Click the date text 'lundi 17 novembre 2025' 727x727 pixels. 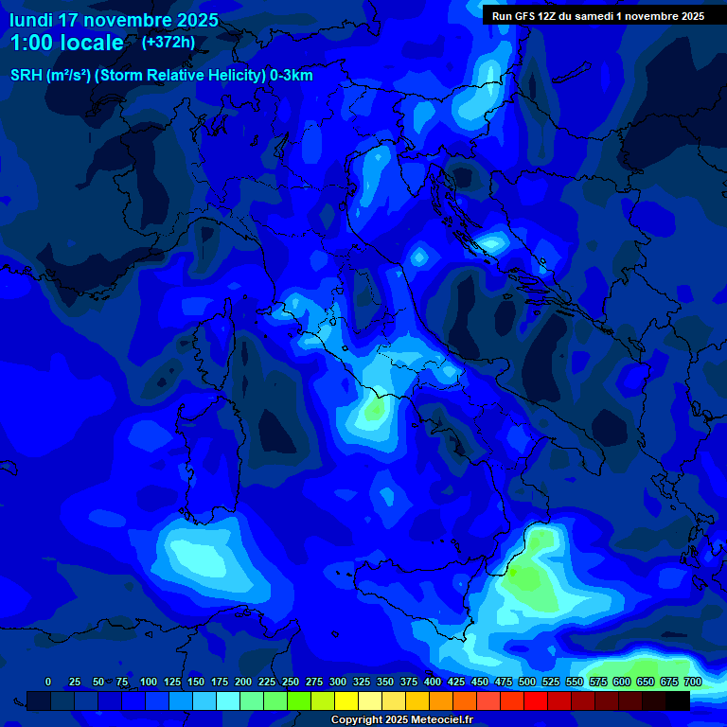click(x=114, y=20)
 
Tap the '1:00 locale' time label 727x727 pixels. click(x=66, y=43)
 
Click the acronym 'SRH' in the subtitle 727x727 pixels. click(x=27, y=76)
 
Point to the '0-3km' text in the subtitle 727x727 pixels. click(x=292, y=76)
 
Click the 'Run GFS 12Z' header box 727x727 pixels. click(x=597, y=15)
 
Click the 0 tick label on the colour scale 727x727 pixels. click(x=48, y=682)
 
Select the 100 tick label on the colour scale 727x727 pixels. click(x=149, y=682)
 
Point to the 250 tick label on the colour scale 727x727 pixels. click(x=291, y=682)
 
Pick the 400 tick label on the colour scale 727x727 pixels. click(x=433, y=682)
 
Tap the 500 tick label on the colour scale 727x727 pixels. click(x=527, y=682)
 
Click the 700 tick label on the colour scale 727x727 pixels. click(x=693, y=682)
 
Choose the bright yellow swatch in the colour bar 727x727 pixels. click(x=346, y=700)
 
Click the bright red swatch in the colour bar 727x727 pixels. click(x=536, y=700)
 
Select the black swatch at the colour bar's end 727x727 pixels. click(x=678, y=700)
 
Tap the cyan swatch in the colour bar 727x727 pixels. click(x=228, y=700)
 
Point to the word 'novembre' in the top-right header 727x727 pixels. click(x=646, y=15)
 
